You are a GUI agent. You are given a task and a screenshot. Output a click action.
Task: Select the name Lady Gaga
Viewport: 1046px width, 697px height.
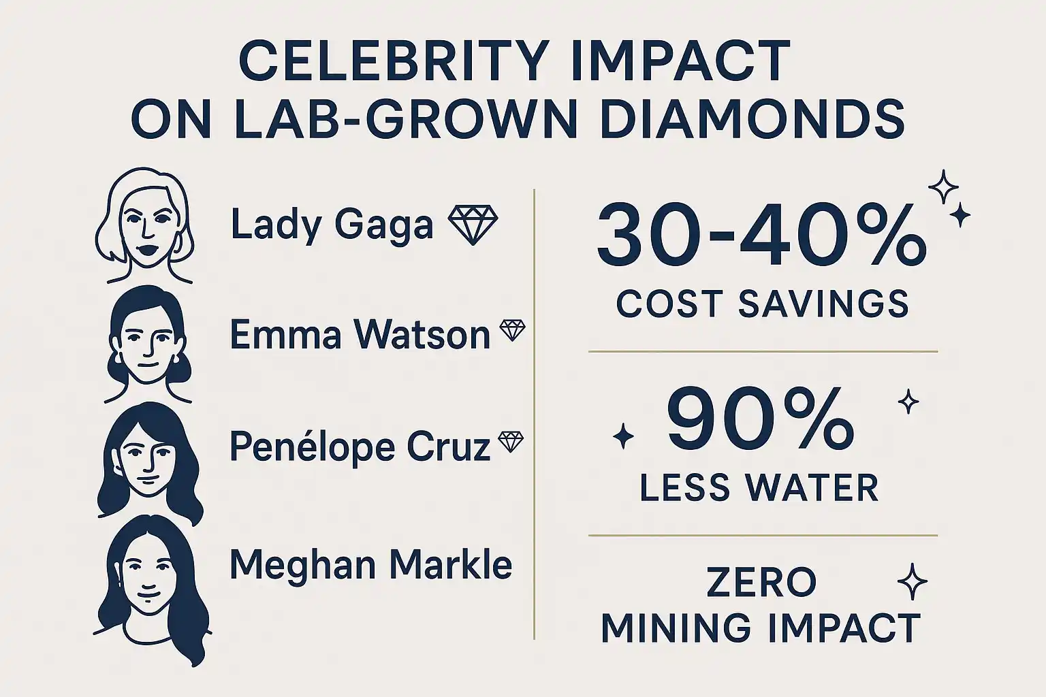pos(332,225)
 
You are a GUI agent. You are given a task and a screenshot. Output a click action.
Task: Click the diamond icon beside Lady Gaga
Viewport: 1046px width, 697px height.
pos(473,225)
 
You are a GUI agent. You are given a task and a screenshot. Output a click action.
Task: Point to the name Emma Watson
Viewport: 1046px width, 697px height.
pos(360,335)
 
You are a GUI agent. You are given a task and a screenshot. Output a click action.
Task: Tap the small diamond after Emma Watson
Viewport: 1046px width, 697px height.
pos(512,331)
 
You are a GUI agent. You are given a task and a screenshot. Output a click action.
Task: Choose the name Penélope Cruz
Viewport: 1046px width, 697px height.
pos(359,447)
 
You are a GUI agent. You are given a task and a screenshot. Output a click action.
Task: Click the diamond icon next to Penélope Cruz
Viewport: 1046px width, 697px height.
pos(511,442)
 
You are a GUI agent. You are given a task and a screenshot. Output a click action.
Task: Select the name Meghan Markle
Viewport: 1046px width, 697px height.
pos(370,565)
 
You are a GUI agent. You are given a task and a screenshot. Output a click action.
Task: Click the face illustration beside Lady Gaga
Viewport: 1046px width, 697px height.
pos(145,225)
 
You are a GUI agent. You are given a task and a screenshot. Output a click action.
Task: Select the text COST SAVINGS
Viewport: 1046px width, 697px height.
pos(762,304)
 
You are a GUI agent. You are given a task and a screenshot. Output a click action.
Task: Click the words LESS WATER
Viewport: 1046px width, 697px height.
pos(759,487)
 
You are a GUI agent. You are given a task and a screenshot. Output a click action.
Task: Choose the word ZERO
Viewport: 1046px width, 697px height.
pos(761,583)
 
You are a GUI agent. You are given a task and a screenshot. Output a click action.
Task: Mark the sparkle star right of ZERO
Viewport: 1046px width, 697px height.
pos(913,583)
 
